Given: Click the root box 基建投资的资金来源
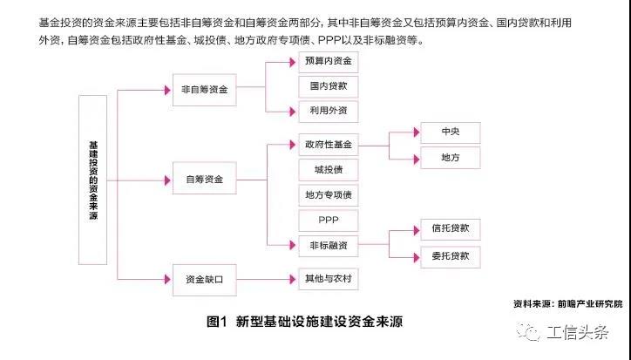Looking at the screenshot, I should point(92,179).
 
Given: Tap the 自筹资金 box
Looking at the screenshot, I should point(204,180).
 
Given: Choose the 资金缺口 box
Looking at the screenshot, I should point(204,279).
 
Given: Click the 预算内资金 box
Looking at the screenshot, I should point(328,63).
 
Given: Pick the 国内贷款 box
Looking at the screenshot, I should point(328,86).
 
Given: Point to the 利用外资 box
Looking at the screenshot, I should point(328,111).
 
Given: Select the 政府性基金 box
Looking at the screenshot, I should point(328,144).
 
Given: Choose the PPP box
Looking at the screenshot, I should point(328,220).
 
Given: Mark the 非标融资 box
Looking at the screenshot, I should point(328,245).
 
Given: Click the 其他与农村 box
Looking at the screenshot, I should point(328,279).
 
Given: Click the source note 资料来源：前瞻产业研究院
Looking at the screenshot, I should point(568,303).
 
